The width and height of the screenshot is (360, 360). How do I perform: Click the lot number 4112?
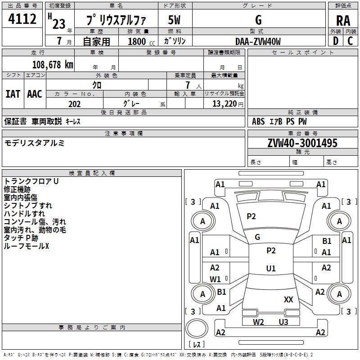(22, 19)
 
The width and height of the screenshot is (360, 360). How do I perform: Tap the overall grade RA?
(343, 21)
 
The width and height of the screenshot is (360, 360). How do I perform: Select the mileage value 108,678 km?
(53, 65)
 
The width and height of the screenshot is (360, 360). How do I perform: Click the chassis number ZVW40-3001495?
(302, 143)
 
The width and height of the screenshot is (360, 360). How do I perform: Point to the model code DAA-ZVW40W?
(258, 41)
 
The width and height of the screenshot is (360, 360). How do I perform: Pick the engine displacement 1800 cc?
(141, 41)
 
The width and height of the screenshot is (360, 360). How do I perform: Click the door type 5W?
(174, 20)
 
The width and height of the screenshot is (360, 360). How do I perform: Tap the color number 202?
(74, 104)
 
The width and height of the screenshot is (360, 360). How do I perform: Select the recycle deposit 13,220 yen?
(228, 104)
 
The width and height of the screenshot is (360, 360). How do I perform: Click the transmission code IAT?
(13, 94)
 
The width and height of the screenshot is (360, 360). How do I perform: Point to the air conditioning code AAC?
(35, 94)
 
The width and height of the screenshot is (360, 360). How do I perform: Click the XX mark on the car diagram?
(288, 299)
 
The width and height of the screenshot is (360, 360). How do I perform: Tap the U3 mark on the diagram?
(283, 322)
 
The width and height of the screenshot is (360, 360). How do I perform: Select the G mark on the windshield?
(257, 237)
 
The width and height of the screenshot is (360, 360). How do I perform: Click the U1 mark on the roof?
(271, 268)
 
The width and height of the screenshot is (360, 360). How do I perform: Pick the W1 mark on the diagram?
(215, 279)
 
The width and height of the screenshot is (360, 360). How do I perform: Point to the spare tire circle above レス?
(197, 328)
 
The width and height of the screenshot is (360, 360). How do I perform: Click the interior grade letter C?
(350, 41)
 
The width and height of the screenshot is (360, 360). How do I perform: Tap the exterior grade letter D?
(336, 41)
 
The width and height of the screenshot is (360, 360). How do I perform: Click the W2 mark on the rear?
(258, 322)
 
